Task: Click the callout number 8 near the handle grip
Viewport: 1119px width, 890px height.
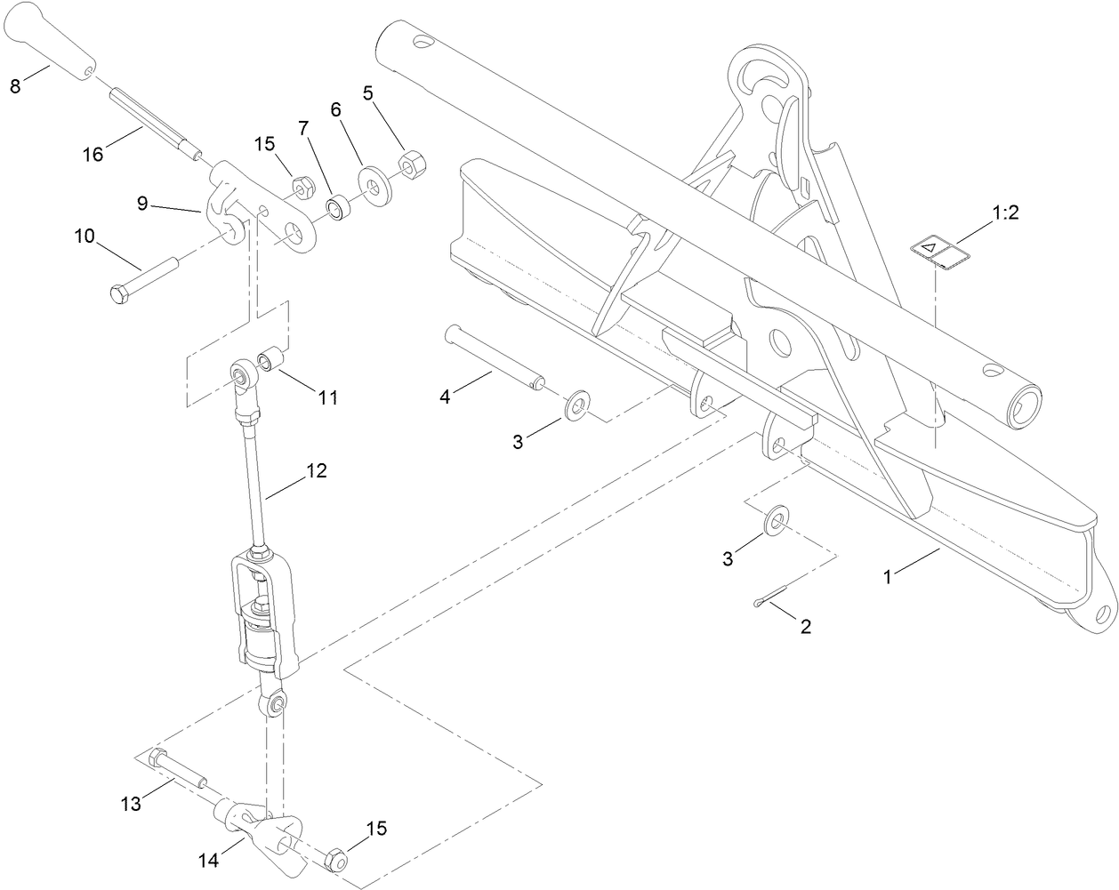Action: tap(14, 86)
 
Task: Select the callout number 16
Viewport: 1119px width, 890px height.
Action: tap(93, 154)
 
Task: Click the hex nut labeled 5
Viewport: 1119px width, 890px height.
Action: tap(410, 165)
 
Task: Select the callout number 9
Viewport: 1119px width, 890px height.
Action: tap(142, 203)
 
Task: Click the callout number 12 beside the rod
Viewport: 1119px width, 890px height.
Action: tap(317, 471)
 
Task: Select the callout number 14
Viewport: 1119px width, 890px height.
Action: tap(206, 861)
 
